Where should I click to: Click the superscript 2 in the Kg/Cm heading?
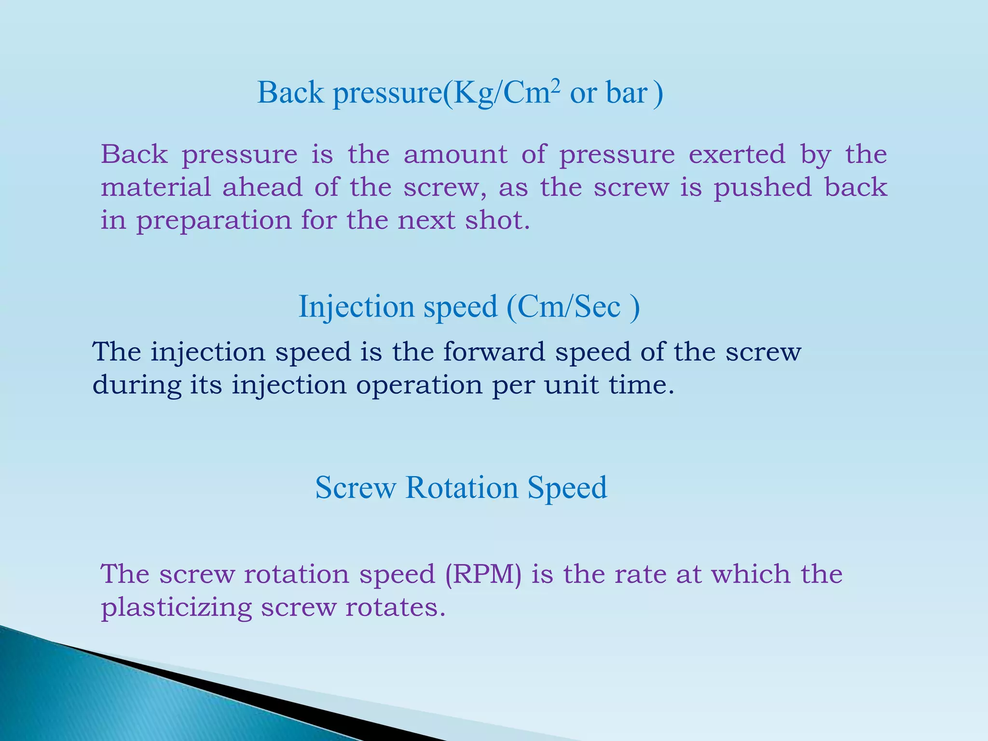(x=556, y=85)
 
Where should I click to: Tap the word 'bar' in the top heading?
(x=627, y=93)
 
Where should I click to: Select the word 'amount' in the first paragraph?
(x=455, y=155)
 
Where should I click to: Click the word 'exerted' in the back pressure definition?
(x=737, y=155)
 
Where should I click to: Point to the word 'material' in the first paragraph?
(x=156, y=187)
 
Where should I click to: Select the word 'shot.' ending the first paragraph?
(x=497, y=220)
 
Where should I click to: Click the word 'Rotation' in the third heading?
(x=462, y=487)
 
